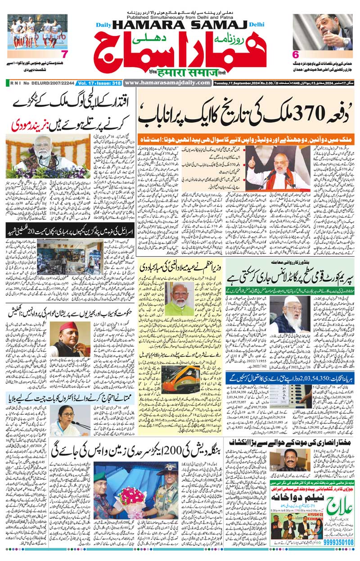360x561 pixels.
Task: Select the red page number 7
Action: tap(63, 54)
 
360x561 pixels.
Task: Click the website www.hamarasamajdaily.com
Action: tap(167, 83)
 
